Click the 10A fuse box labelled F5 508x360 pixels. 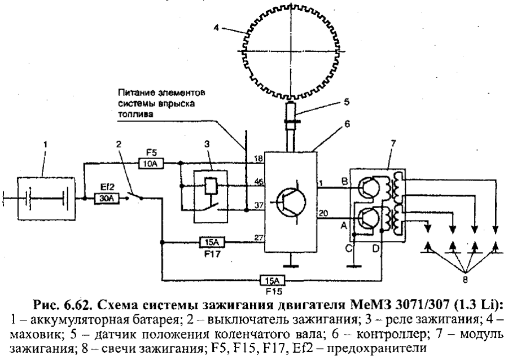151,163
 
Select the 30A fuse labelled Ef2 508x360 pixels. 107,198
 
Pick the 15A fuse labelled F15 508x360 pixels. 273,280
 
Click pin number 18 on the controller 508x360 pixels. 258,159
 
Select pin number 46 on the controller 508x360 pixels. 258,182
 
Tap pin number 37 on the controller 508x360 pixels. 258,205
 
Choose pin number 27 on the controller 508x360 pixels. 258,238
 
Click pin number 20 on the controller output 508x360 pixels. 323,213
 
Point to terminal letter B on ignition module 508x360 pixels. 344,181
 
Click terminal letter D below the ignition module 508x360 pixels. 375,249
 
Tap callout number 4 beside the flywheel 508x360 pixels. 216,28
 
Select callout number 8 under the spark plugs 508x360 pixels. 465,280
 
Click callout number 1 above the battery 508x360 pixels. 46,144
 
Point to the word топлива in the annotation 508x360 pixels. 135,115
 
